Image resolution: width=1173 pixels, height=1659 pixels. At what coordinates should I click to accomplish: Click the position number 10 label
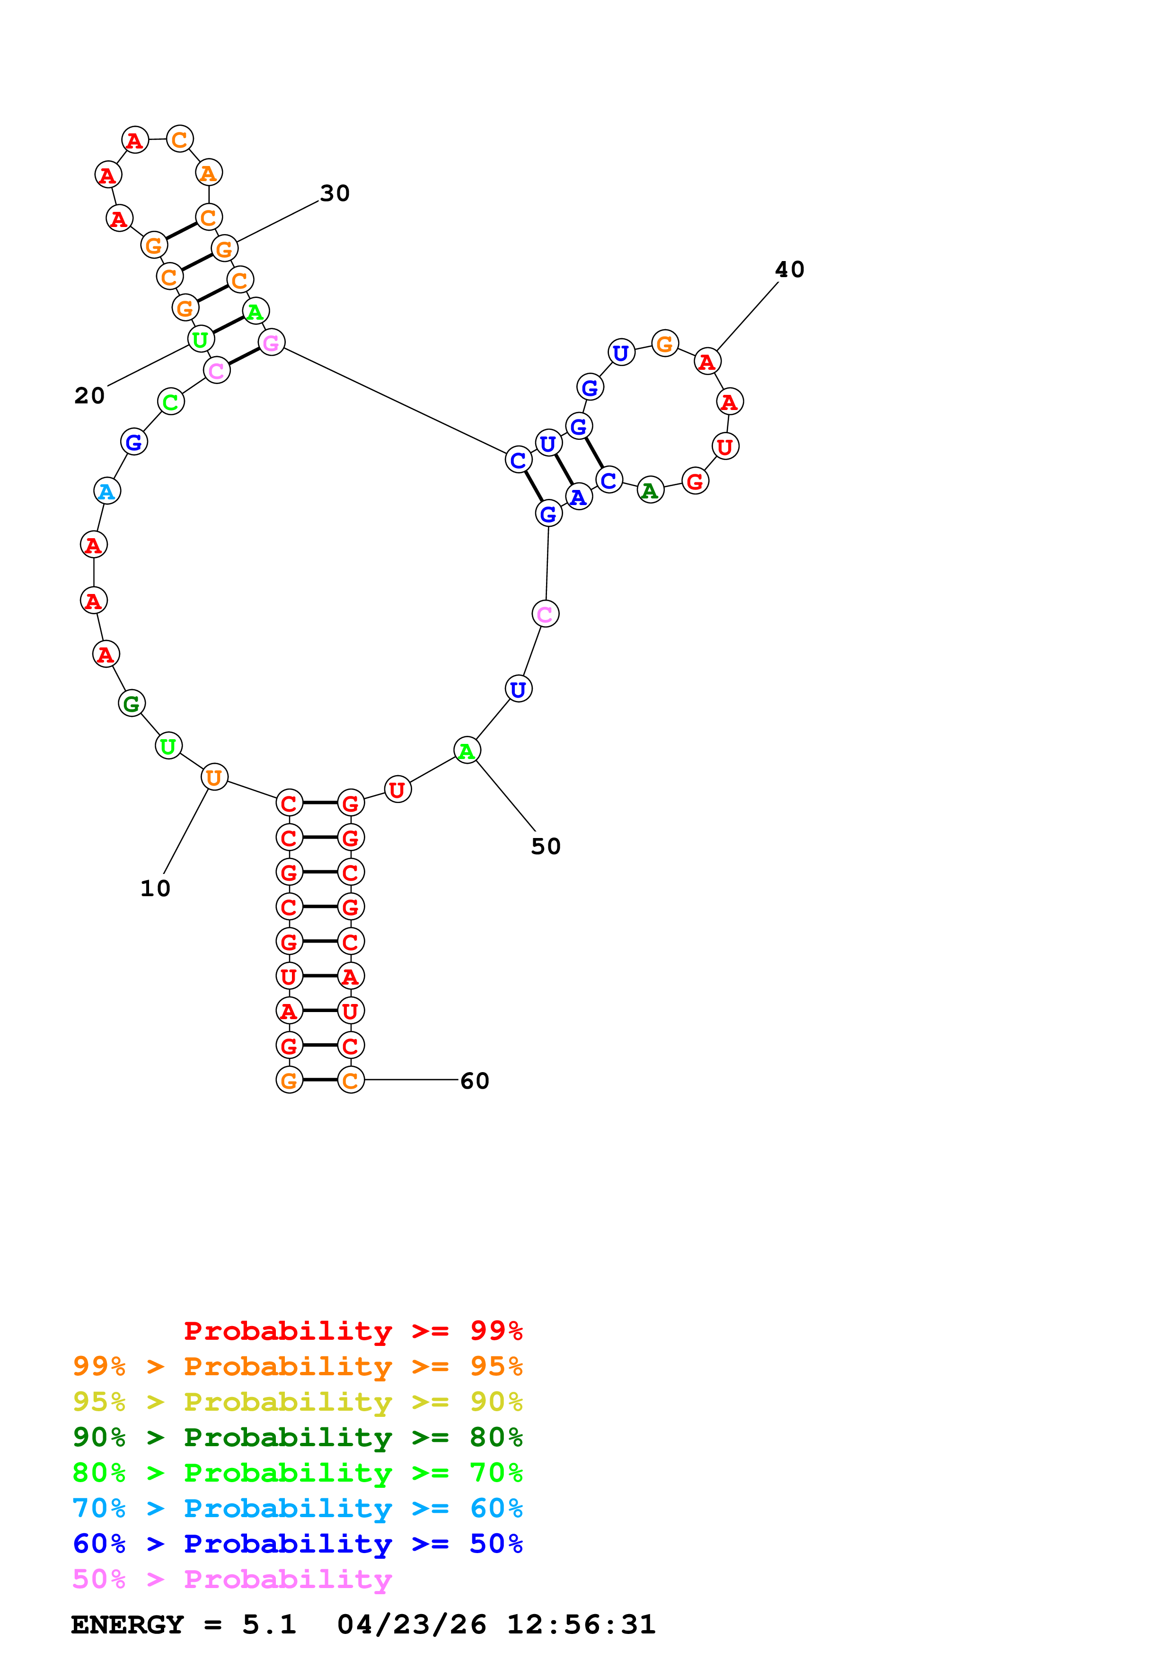click(155, 888)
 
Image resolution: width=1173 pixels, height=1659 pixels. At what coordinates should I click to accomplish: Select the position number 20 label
click(89, 395)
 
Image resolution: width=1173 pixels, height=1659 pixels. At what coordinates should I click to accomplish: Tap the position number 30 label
click(335, 193)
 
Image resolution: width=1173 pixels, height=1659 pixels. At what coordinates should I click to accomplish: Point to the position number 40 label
click(789, 270)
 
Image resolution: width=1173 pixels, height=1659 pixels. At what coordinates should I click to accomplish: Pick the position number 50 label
click(546, 846)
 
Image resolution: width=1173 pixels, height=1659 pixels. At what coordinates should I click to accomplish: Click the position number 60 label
click(475, 1081)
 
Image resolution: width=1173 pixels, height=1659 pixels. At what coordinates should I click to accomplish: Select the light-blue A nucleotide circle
click(107, 491)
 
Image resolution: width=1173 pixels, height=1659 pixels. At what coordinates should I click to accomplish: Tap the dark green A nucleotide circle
click(651, 490)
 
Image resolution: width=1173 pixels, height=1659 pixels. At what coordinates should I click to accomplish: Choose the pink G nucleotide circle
click(271, 342)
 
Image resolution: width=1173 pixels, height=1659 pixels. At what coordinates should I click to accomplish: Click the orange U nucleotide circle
click(214, 777)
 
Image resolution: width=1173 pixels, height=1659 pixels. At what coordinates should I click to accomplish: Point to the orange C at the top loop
click(180, 139)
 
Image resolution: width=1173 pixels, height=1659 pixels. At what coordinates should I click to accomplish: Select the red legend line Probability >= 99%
click(353, 1330)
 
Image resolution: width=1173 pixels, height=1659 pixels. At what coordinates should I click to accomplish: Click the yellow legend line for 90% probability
click(297, 1402)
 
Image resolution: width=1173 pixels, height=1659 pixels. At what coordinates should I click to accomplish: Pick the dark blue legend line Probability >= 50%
click(297, 1544)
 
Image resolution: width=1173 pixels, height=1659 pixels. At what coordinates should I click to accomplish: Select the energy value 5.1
click(269, 1624)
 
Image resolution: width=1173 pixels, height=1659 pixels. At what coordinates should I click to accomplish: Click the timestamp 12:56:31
click(581, 1624)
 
